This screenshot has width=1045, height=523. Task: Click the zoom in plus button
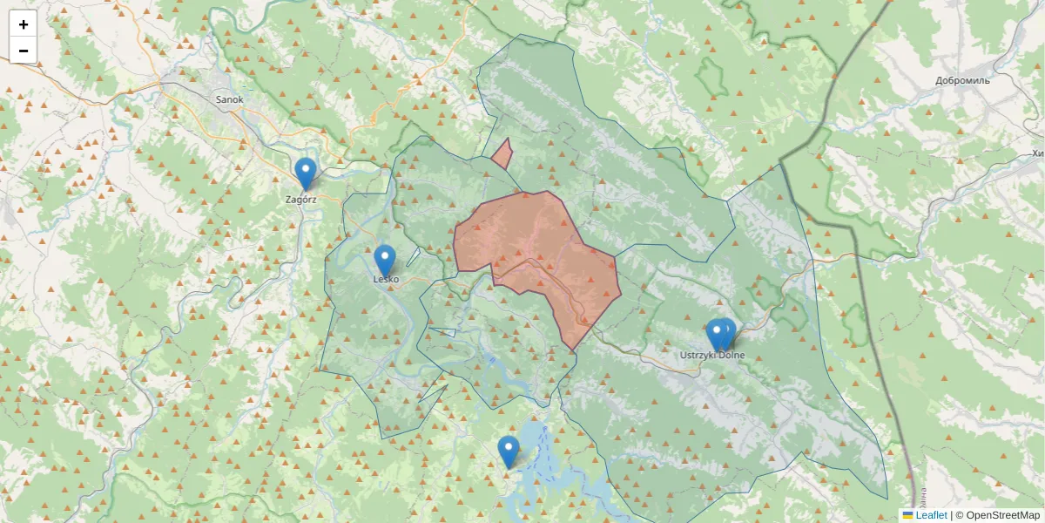click(x=24, y=24)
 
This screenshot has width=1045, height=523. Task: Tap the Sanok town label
click(x=230, y=99)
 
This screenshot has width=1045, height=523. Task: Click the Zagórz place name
click(x=301, y=199)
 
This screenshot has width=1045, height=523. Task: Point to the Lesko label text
click(x=386, y=279)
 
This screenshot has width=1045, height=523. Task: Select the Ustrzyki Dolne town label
click(x=712, y=355)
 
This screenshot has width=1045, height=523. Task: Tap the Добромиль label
click(x=963, y=80)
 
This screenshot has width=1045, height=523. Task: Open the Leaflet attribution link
click(x=931, y=515)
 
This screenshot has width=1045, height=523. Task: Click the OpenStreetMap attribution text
click(x=997, y=515)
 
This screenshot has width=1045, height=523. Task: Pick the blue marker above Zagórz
click(x=305, y=173)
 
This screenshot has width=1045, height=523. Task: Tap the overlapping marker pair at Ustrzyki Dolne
click(x=720, y=334)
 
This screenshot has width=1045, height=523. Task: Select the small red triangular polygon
click(x=502, y=156)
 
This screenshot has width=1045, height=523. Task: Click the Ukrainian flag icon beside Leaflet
click(x=908, y=515)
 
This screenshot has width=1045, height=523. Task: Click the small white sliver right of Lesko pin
click(x=413, y=257)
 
